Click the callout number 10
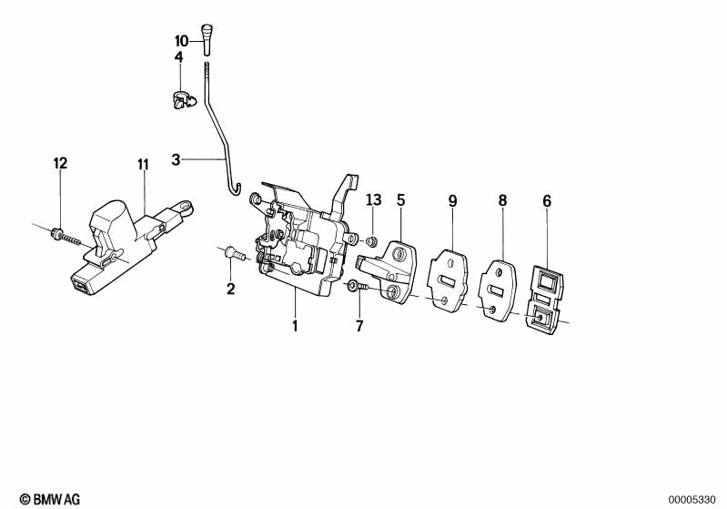pos(181,41)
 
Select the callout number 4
pos(178,57)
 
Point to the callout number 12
pos(60,164)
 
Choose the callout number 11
pos(143,165)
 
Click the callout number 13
pos(373,199)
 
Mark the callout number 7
pos(358,325)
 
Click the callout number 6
pos(547,200)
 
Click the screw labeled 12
pos(68,239)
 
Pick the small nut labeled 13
pos(372,241)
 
